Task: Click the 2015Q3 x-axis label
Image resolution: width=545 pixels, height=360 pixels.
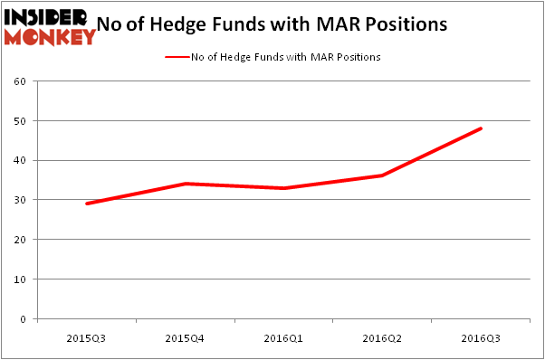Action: [x=86, y=338]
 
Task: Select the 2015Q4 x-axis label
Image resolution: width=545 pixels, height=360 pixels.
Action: [x=185, y=338]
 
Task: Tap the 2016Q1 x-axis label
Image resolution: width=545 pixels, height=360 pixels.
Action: [x=283, y=338]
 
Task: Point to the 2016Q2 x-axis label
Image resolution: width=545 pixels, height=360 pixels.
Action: [x=382, y=338]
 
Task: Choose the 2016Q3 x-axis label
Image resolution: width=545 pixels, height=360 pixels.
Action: [x=481, y=338]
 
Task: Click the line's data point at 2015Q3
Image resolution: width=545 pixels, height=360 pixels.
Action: [x=87, y=204]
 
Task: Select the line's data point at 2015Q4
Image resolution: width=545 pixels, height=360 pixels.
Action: [x=185, y=184]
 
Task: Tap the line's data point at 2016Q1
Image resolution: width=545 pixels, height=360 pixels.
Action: [x=283, y=188]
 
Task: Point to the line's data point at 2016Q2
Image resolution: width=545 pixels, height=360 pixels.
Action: [x=382, y=175]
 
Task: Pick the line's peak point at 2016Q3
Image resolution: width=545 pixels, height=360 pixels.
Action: [x=481, y=128]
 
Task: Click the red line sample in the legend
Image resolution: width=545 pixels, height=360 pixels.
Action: [x=177, y=57]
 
